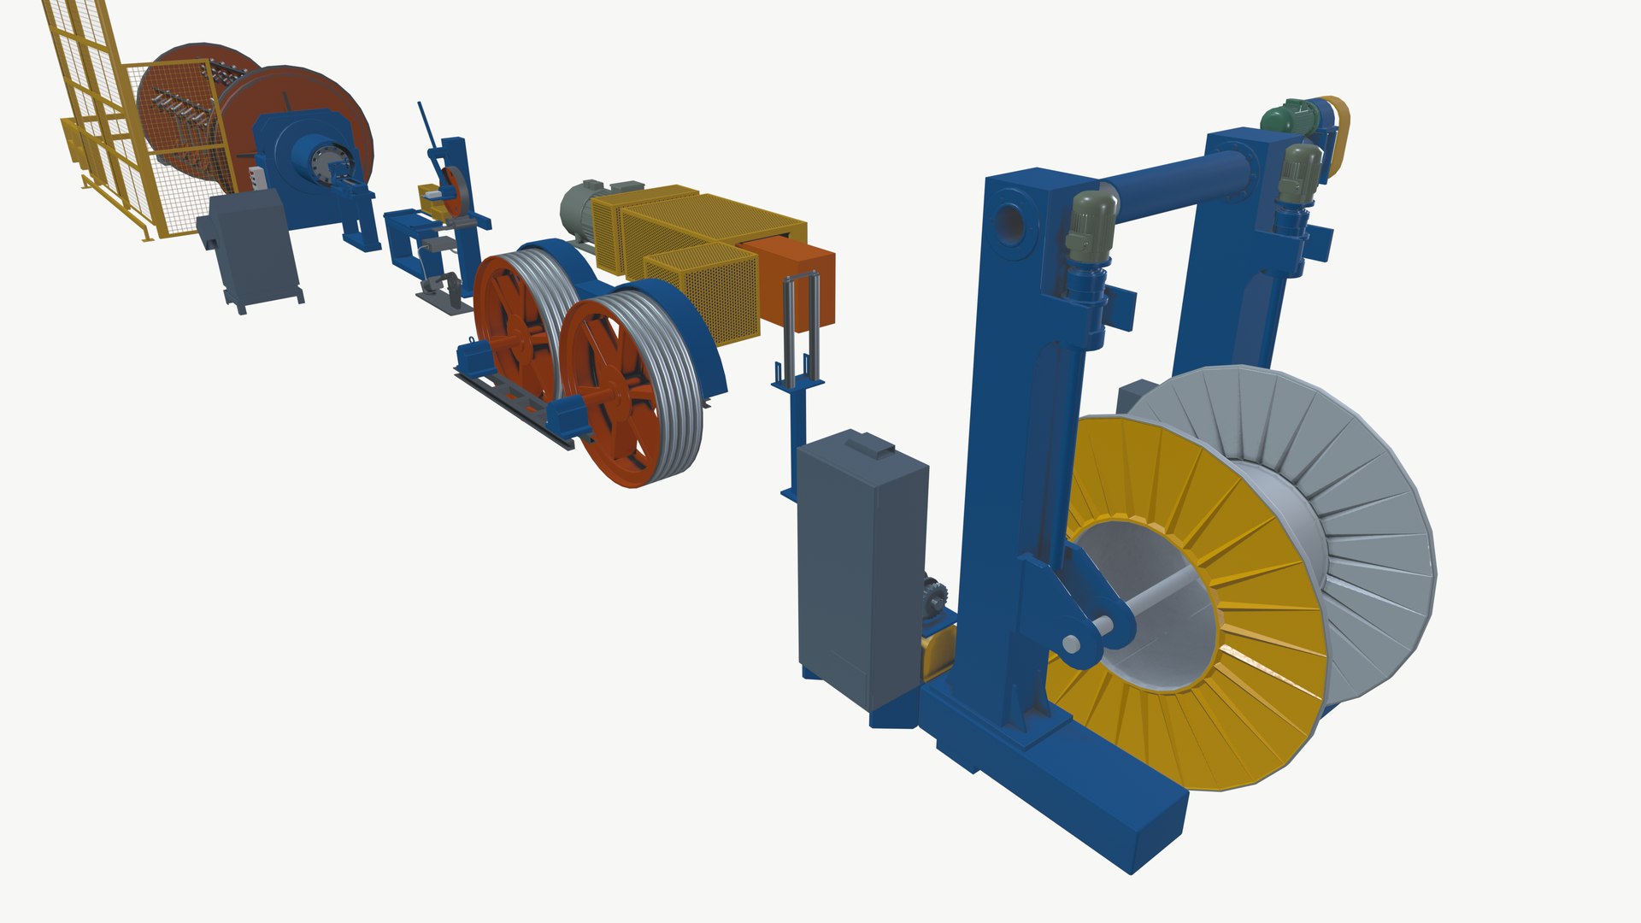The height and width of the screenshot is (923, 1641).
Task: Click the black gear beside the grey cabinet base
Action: [934, 594]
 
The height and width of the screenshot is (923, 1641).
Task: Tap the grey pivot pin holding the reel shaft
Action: [1071, 644]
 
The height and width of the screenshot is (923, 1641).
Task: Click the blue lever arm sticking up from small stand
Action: [427, 128]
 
